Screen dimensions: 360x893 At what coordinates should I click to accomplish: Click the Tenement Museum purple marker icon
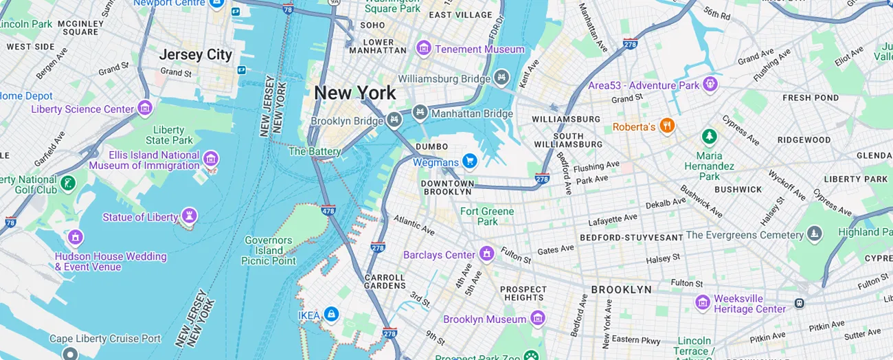click(424, 49)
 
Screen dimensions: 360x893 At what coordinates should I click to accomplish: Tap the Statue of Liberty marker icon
click(189, 217)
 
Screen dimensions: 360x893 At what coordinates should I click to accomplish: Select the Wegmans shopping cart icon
click(470, 161)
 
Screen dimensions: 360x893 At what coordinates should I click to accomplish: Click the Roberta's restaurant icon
click(666, 126)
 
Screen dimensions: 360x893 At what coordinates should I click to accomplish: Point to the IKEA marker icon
click(331, 314)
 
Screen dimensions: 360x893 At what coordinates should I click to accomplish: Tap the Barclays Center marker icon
click(487, 254)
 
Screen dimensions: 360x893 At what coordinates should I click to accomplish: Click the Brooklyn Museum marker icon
click(538, 318)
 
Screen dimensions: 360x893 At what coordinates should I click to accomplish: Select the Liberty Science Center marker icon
click(145, 108)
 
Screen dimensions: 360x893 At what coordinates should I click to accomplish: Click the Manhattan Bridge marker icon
click(420, 112)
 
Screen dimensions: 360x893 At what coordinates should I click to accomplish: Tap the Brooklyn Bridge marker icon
click(394, 120)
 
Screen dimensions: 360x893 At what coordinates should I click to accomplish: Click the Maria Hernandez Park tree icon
click(709, 136)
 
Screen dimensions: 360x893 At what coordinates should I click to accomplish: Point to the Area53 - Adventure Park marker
click(710, 85)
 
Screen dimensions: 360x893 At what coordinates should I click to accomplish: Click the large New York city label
click(354, 93)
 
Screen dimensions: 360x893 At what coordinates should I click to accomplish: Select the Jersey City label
click(196, 54)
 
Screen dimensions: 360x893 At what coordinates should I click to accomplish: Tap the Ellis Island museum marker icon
click(211, 159)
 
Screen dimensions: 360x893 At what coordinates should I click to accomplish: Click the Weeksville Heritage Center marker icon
click(702, 302)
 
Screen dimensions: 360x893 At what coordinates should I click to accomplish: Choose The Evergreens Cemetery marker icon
click(815, 234)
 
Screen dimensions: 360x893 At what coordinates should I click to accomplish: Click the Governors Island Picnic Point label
click(269, 251)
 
